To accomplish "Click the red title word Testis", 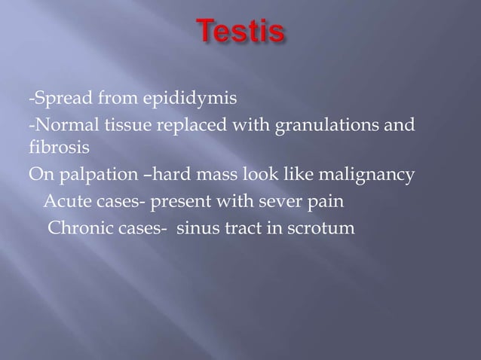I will click(x=242, y=33).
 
